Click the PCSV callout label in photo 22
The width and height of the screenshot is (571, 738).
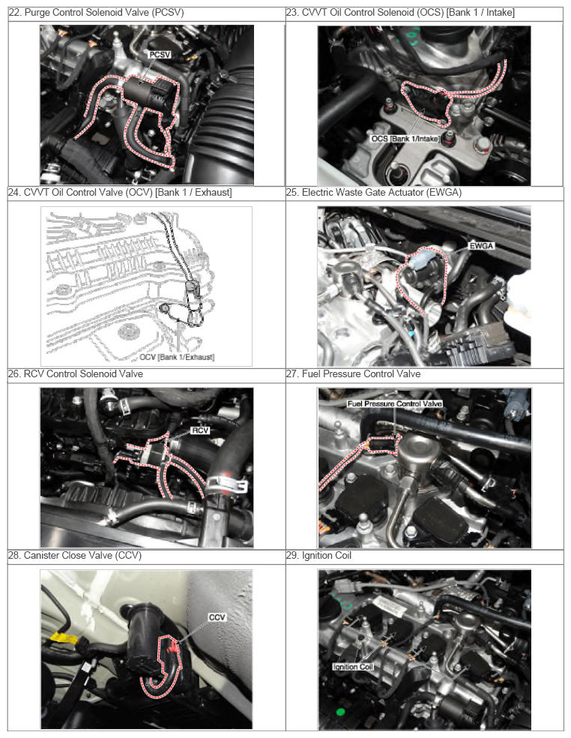[x=160, y=55]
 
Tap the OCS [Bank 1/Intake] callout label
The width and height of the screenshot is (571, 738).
[x=405, y=138]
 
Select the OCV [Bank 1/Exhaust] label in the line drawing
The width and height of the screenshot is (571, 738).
[x=177, y=357]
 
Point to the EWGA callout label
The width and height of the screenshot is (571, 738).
[x=481, y=246]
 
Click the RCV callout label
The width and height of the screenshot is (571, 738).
[x=200, y=430]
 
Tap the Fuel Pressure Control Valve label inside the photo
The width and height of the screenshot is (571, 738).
[x=395, y=403]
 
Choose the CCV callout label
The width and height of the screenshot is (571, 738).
[x=217, y=617]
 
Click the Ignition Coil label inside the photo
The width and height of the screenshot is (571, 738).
[x=353, y=667]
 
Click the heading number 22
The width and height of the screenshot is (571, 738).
[x=14, y=13]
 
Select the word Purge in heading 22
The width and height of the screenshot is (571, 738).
[x=36, y=13]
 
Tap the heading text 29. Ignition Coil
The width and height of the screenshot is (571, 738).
[x=319, y=556]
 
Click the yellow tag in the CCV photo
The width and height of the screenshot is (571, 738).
[x=64, y=639]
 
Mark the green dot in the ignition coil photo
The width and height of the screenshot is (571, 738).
[x=340, y=711]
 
